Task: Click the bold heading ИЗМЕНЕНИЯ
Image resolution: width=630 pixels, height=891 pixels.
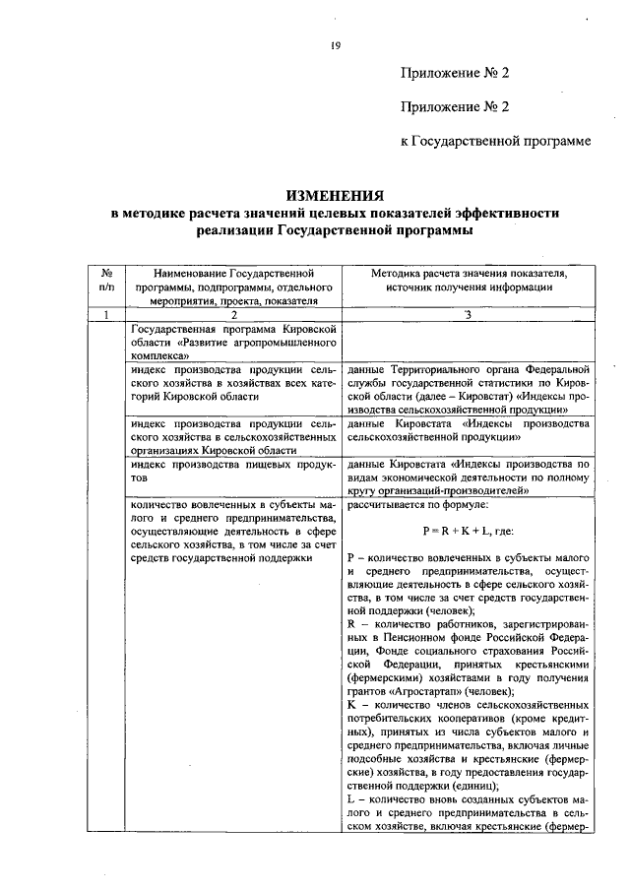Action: [335, 196]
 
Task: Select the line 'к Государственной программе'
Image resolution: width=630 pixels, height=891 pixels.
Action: [495, 142]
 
